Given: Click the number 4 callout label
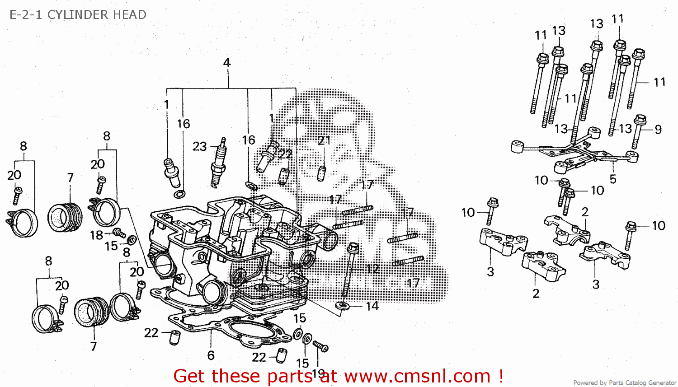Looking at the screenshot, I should click(227, 62).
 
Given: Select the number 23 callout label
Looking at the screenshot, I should click(199, 146).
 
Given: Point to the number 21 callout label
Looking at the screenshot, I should click(324, 140).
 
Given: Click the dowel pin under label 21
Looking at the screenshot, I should click(321, 173).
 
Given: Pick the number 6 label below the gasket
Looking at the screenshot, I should click(211, 355).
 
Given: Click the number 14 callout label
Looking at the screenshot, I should click(372, 306).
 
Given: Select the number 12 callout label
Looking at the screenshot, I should click(372, 269).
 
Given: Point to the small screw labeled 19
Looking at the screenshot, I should click(321, 346).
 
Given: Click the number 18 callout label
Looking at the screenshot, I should click(96, 235).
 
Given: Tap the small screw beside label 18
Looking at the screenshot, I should click(120, 233).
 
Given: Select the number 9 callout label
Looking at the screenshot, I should click(658, 130).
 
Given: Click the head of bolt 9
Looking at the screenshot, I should click(640, 121).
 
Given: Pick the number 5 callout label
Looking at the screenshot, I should click(613, 179).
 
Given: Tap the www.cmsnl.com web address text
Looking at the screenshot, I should click(417, 376).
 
